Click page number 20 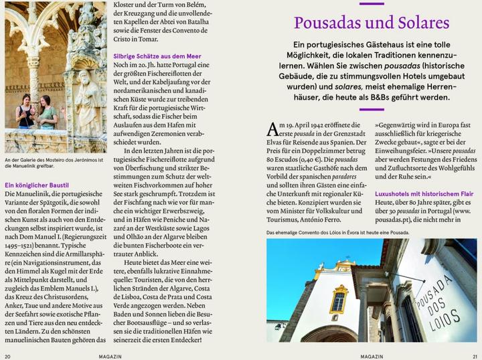pos(7,355)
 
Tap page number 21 pos(474,355)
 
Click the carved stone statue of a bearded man pos(86,100)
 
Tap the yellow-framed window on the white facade pos(339,300)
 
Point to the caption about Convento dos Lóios pos(337,233)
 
